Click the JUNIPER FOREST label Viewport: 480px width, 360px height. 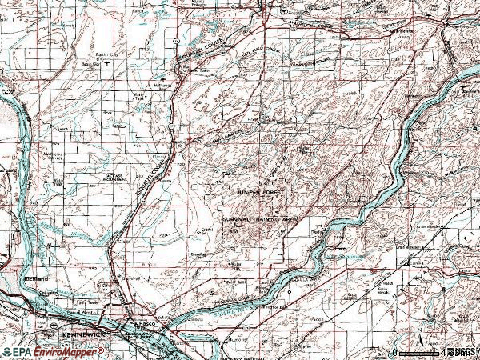[x=260, y=193]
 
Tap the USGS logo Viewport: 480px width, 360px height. [x=462, y=351]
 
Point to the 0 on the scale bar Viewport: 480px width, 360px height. [x=395, y=352]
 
